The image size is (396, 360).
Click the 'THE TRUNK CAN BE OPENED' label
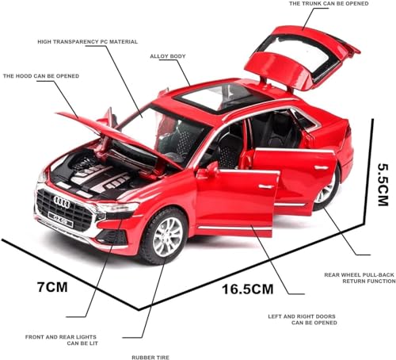(x=329, y=4)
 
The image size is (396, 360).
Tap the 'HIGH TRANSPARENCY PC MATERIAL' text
(x=88, y=42)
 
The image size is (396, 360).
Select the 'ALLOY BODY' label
(x=168, y=56)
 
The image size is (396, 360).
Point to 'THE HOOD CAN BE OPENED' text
(x=41, y=76)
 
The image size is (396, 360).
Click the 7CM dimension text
(x=52, y=287)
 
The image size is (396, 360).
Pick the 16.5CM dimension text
(x=248, y=289)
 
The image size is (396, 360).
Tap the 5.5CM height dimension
(x=383, y=185)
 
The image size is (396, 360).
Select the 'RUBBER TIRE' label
(x=150, y=358)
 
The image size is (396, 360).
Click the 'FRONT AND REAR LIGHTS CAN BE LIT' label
(x=62, y=340)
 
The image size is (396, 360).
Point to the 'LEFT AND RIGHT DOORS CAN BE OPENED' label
(x=303, y=320)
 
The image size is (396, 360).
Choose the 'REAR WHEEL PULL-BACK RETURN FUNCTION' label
(x=360, y=278)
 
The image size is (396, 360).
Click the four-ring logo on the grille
(x=62, y=202)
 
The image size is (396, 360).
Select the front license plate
(x=61, y=219)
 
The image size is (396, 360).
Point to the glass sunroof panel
(x=221, y=97)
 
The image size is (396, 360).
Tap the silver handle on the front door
(x=266, y=187)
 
